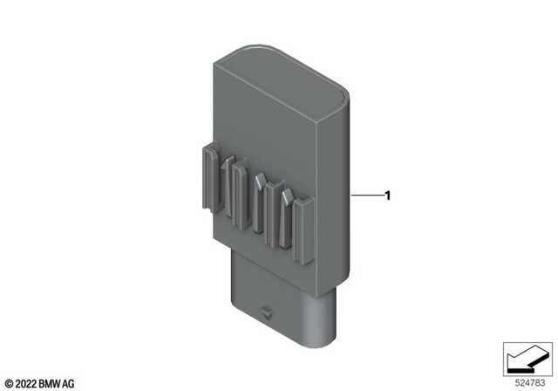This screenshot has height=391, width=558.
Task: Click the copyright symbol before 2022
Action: tap(10, 383)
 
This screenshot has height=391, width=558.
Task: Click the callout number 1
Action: tap(387, 195)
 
